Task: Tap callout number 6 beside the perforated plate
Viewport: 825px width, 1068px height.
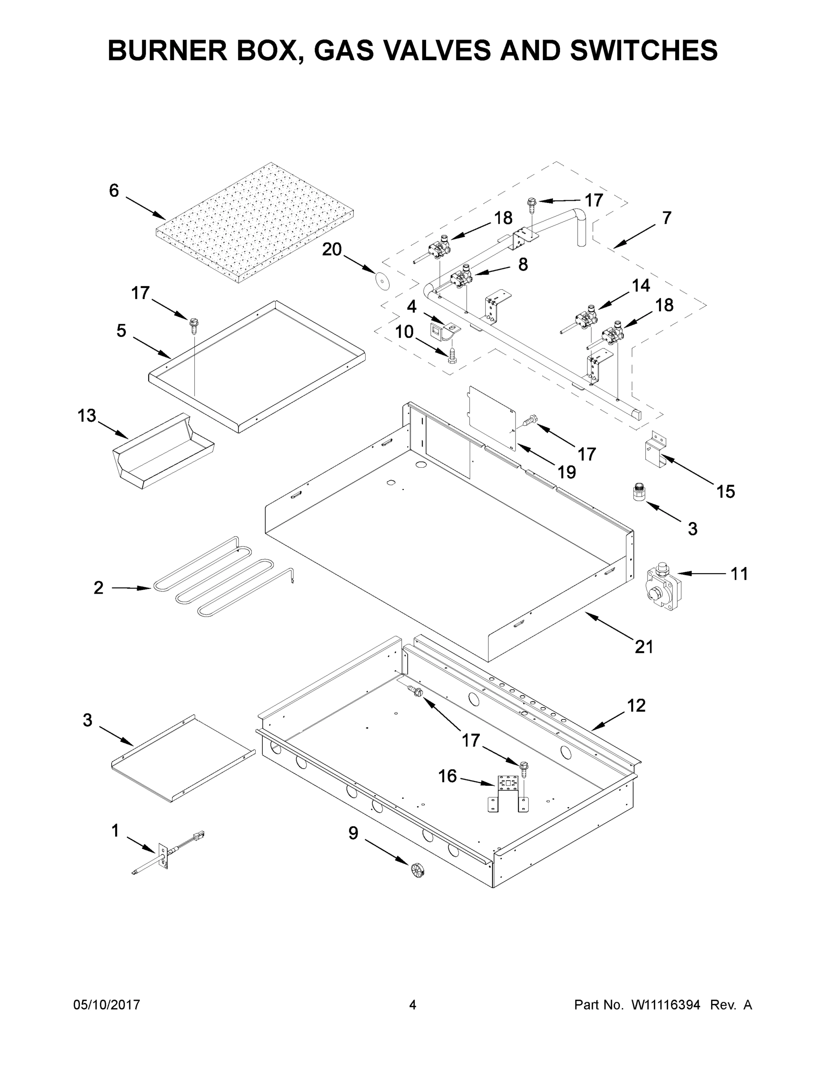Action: (x=114, y=190)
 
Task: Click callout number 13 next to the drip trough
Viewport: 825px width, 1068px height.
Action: (x=87, y=416)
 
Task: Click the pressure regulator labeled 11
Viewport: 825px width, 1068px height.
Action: (x=662, y=586)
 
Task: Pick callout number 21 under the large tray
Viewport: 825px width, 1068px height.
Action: (x=644, y=647)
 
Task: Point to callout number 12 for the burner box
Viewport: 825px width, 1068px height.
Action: (x=636, y=705)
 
